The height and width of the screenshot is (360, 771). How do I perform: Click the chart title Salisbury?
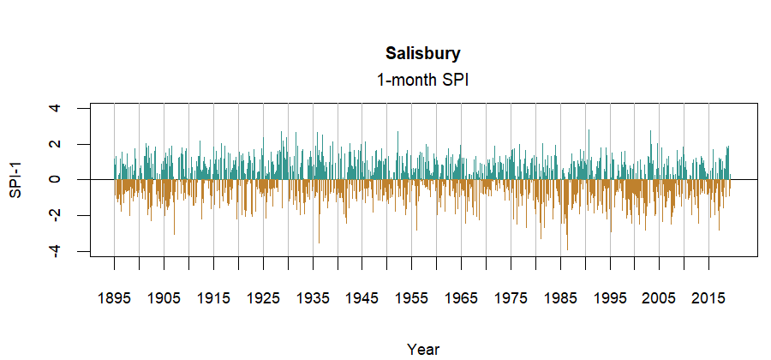[x=423, y=54]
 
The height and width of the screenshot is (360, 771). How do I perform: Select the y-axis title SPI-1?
[x=15, y=180]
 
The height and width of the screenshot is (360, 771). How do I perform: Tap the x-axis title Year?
[x=423, y=349]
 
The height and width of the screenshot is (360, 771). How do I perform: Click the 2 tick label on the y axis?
[x=56, y=144]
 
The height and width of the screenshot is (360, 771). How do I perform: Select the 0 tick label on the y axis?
[x=56, y=180]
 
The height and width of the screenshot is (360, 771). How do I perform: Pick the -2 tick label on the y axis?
[x=56, y=215]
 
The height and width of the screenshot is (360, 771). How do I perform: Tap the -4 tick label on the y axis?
[x=56, y=251]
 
